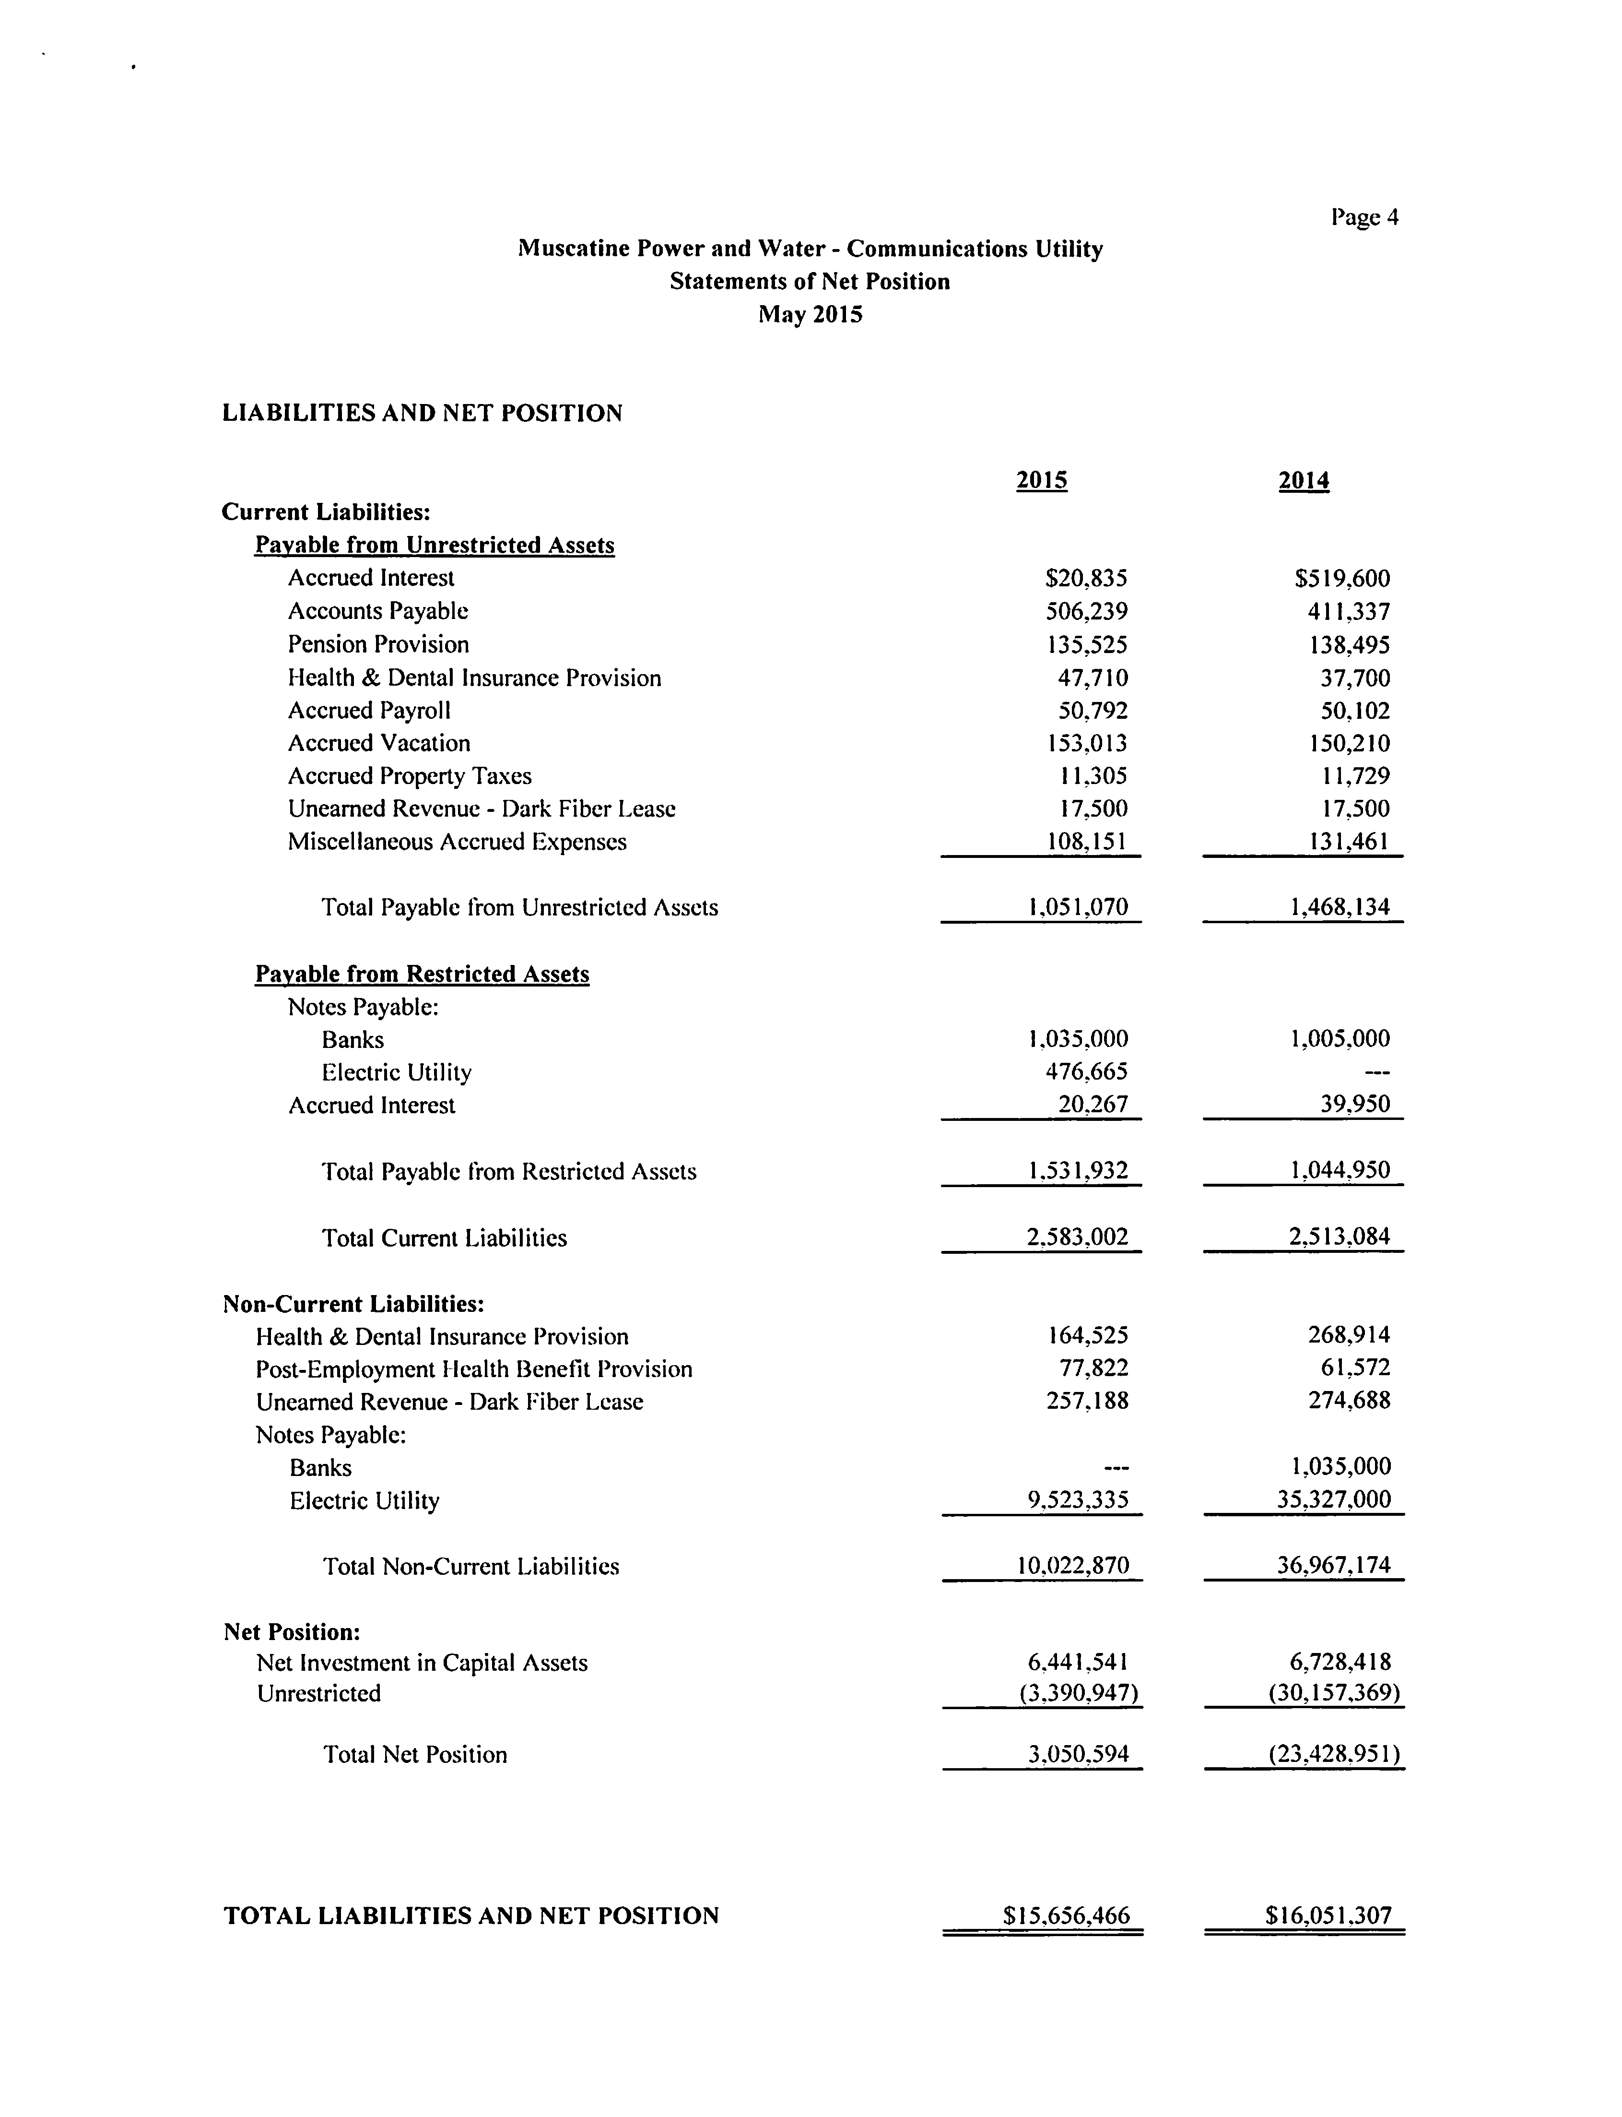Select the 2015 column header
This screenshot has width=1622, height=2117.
1042,481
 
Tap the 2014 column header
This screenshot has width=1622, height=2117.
1304,481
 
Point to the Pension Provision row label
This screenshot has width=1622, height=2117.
378,644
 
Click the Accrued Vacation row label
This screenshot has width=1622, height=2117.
378,743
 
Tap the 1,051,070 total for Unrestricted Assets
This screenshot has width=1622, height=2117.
1078,907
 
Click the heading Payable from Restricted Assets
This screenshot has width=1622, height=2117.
422,974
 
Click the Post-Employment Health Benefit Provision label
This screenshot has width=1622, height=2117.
474,1368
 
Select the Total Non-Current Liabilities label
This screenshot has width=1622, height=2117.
471,1566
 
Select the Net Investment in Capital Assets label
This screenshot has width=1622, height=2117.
422,1662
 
